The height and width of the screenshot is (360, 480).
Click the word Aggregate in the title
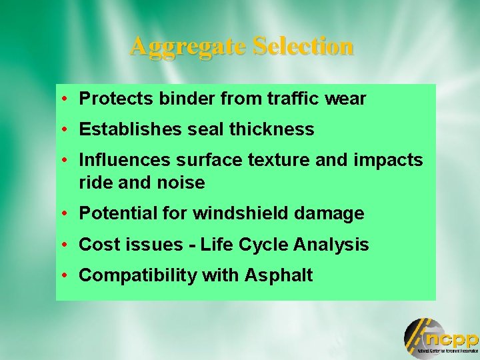[x=189, y=47]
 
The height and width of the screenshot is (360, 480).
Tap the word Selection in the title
[x=303, y=46]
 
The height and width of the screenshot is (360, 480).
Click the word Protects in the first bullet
[x=117, y=99]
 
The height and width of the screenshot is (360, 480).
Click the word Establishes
[x=131, y=129]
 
